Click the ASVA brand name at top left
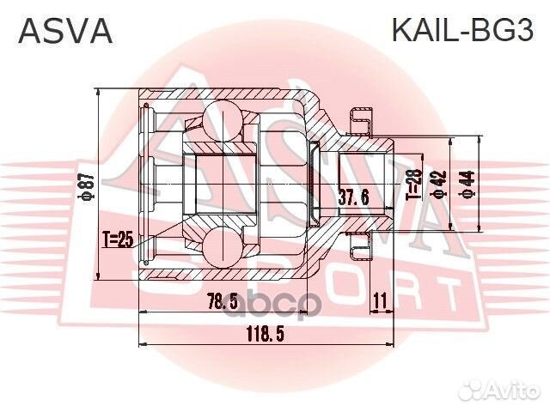(x=66, y=31)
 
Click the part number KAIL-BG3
(x=463, y=31)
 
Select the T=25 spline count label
(x=118, y=239)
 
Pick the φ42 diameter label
(x=439, y=184)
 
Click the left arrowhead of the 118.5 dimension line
(x=142, y=344)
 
